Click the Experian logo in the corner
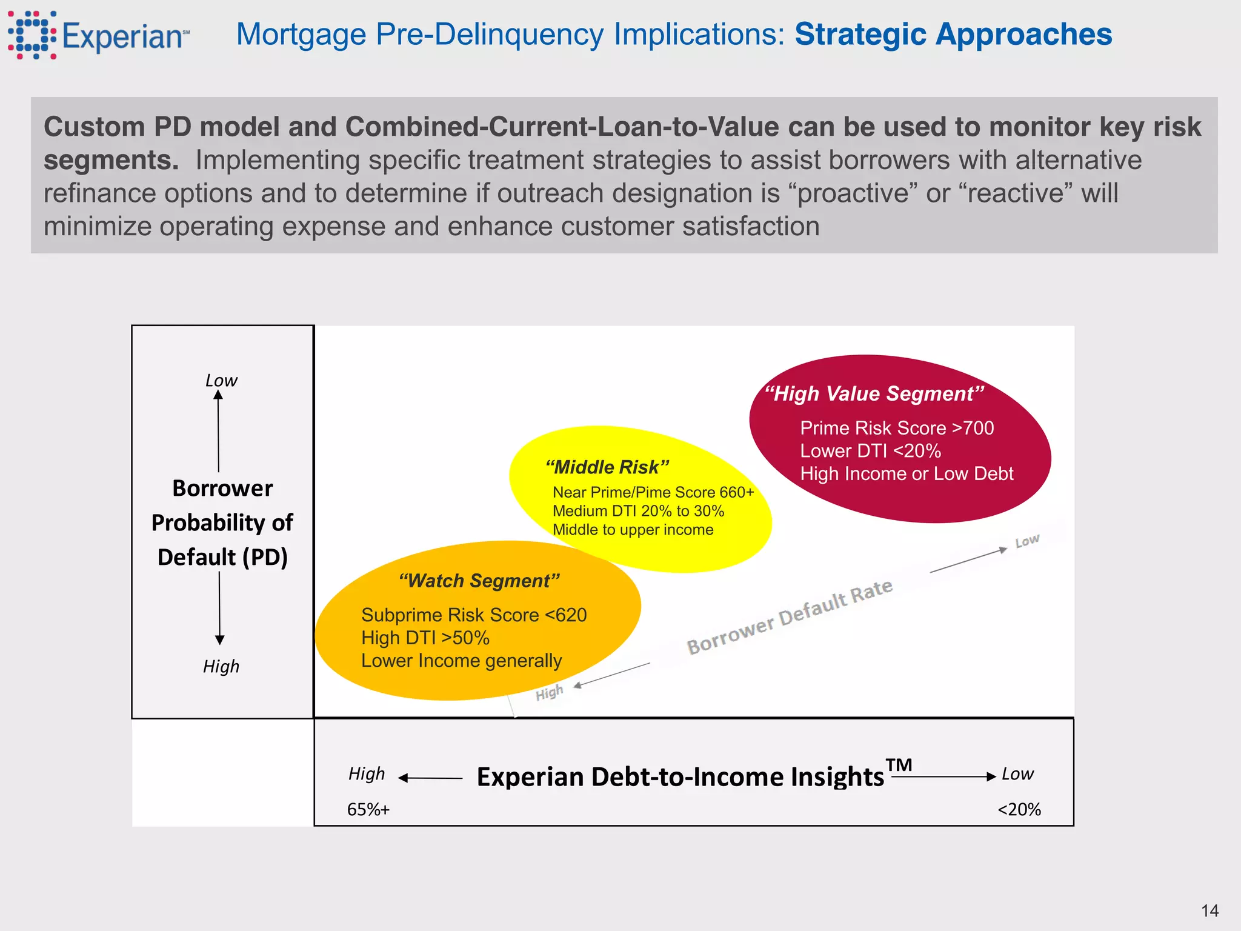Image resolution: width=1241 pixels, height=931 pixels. pyautogui.click(x=97, y=35)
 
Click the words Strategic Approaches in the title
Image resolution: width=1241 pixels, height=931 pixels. pyautogui.click(x=953, y=35)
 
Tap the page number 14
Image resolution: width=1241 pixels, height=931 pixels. pyautogui.click(x=1209, y=911)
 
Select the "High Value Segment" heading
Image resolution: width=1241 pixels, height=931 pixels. pyautogui.click(x=873, y=394)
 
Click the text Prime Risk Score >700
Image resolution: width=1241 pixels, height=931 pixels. pyautogui.click(x=896, y=428)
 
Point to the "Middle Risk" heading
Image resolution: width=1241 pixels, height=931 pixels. pyautogui.click(x=607, y=467)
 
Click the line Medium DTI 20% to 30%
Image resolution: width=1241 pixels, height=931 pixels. pyautogui.click(x=637, y=511)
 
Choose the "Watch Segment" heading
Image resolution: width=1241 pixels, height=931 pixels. pyautogui.click(x=479, y=581)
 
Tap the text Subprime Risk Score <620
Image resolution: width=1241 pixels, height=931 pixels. pyautogui.click(x=473, y=615)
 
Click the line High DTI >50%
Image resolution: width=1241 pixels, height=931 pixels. pyautogui.click(x=425, y=638)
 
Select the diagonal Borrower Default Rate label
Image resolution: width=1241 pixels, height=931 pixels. pyautogui.click(x=789, y=616)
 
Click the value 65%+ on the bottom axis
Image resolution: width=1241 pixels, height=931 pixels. pyautogui.click(x=368, y=810)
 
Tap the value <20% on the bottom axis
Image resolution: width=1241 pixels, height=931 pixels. pyautogui.click(x=1019, y=810)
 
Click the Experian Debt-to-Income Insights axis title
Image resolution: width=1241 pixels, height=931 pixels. pyautogui.click(x=680, y=777)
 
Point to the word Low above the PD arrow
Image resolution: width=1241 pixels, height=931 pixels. pyautogui.click(x=221, y=381)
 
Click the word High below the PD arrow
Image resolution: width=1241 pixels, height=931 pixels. pyautogui.click(x=221, y=667)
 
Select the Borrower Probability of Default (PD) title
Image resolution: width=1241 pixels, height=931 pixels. pyautogui.click(x=222, y=522)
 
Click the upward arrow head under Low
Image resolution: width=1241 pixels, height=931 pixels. pyautogui.click(x=218, y=395)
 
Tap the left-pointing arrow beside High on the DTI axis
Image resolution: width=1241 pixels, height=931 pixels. pyautogui.click(x=405, y=778)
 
